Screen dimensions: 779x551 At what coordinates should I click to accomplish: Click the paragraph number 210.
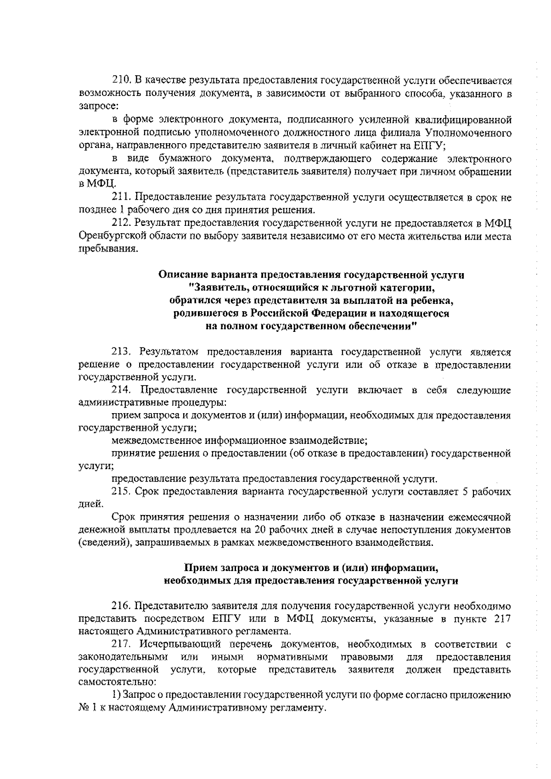click(x=122, y=81)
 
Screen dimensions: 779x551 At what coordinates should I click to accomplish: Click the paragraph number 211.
click(x=122, y=198)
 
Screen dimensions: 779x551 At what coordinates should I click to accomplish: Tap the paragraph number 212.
click(x=122, y=224)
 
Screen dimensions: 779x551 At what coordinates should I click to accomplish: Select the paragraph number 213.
click(x=122, y=352)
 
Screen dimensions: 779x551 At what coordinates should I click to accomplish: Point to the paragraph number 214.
click(x=122, y=390)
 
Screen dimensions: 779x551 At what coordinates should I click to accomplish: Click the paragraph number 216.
click(x=122, y=606)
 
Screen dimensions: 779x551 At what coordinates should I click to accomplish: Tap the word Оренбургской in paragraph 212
click(x=109, y=236)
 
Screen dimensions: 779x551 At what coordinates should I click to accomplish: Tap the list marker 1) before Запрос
click(x=116, y=695)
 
